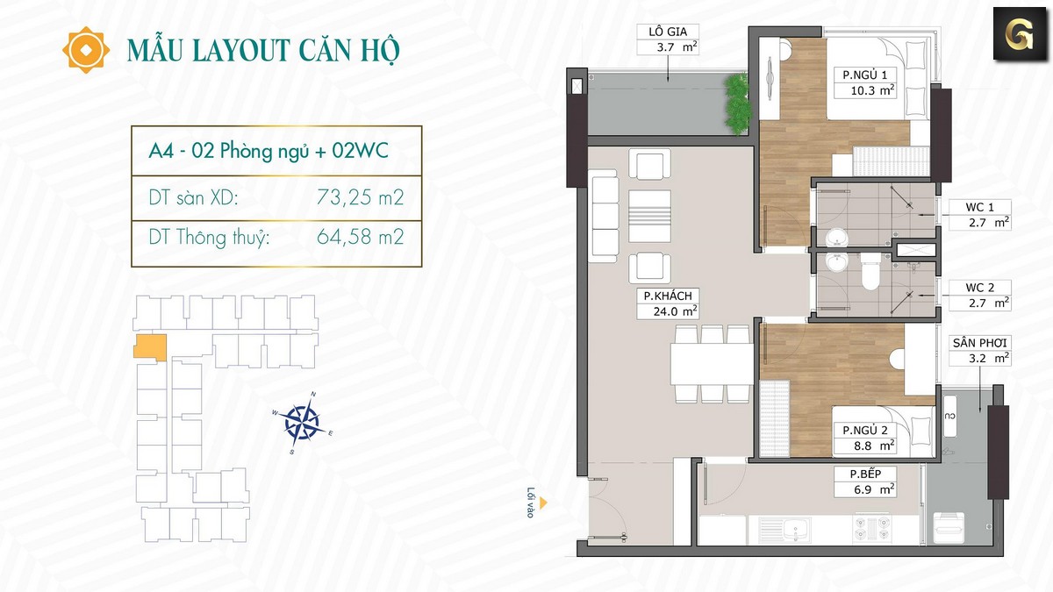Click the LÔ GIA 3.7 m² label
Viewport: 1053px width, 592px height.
tap(668, 39)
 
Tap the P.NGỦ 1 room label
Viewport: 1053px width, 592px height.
tap(865, 82)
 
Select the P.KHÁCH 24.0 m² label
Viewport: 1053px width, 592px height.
tap(668, 303)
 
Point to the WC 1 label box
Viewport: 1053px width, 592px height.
tap(979, 215)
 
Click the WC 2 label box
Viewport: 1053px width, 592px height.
tap(979, 295)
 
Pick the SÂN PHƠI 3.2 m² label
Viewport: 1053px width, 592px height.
tap(979, 351)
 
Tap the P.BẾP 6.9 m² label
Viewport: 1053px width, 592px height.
tap(865, 481)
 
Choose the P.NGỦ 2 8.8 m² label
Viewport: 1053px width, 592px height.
tap(865, 438)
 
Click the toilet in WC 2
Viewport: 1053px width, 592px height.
tap(871, 271)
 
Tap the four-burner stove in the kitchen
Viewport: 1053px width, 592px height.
tap(872, 529)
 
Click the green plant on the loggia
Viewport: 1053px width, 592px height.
tap(737, 103)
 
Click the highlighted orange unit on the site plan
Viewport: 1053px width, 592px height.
tap(150, 347)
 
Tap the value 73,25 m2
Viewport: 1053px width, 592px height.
tap(361, 198)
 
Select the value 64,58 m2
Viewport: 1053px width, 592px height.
tap(361, 238)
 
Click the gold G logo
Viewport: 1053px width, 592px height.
tap(1020, 34)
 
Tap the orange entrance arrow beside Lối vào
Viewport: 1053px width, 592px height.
tap(543, 503)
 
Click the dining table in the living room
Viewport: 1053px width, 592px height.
tap(712, 364)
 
